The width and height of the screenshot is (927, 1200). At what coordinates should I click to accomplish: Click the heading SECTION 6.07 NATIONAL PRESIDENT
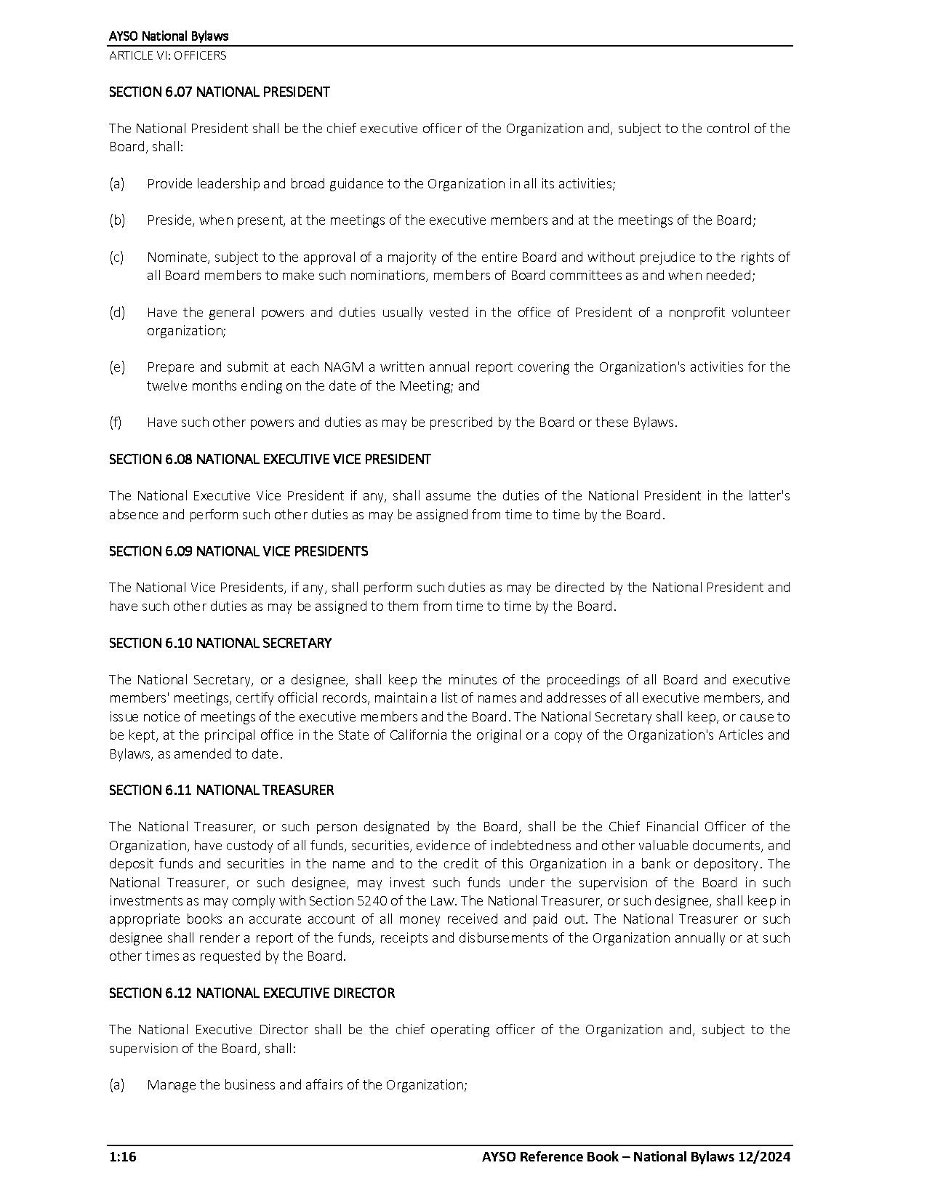[x=219, y=92]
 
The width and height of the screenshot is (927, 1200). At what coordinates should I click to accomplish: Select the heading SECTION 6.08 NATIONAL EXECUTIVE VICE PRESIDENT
[x=270, y=459]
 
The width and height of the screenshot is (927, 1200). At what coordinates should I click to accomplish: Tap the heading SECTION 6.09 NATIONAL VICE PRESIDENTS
[x=238, y=551]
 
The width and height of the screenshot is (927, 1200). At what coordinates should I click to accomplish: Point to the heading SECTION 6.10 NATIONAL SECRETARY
[x=220, y=643]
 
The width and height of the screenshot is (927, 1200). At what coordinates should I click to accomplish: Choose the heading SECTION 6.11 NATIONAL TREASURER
[x=221, y=790]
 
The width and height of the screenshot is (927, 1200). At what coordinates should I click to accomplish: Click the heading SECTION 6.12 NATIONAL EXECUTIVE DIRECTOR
[x=252, y=993]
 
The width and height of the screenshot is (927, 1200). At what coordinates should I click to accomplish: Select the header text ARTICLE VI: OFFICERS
[x=167, y=55]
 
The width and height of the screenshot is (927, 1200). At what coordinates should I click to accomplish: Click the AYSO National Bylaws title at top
[x=169, y=36]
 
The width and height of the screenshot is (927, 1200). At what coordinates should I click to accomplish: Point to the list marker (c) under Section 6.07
[x=116, y=257]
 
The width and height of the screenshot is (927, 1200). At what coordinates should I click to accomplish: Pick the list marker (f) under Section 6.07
[x=116, y=422]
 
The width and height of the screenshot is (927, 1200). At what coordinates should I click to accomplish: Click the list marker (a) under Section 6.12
[x=116, y=1084]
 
